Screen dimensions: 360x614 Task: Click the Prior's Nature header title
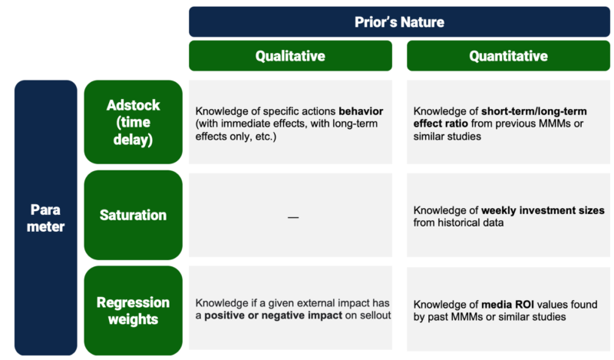pyautogui.click(x=399, y=21)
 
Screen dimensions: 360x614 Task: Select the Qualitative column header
pyautogui.click(x=290, y=56)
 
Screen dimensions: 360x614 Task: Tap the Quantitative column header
pyautogui.click(x=508, y=56)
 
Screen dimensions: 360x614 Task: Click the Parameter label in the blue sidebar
pyautogui.click(x=45, y=217)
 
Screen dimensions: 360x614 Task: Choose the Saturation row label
pyautogui.click(x=133, y=215)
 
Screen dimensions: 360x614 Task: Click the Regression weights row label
pyautogui.click(x=133, y=310)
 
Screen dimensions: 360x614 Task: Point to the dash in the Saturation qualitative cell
pyautogui.click(x=292, y=217)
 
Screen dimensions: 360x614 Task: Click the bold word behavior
pyautogui.click(x=361, y=111)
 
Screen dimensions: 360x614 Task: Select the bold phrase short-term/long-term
pyautogui.click(x=530, y=111)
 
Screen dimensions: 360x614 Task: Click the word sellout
pyautogui.click(x=374, y=316)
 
